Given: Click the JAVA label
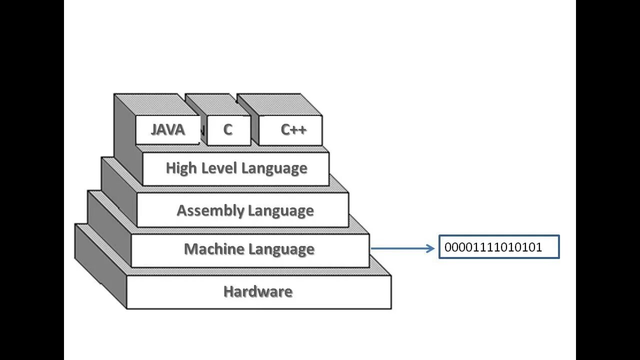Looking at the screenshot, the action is click(x=168, y=129).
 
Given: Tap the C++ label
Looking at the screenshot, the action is click(x=293, y=129).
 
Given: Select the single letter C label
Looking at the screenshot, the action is click(x=227, y=129).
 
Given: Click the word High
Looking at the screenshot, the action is click(x=181, y=168).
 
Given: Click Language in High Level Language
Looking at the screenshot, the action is click(x=274, y=168).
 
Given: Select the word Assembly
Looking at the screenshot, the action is click(x=210, y=211).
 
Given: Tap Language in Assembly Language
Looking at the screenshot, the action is click(x=281, y=211).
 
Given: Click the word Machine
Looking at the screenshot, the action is click(x=214, y=249).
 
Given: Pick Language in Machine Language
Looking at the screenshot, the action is click(x=281, y=249).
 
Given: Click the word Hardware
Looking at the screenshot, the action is click(x=258, y=291).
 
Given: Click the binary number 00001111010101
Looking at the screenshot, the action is click(x=493, y=247).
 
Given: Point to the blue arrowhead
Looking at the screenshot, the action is click(x=430, y=248).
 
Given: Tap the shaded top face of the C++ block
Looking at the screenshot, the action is click(x=279, y=105).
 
